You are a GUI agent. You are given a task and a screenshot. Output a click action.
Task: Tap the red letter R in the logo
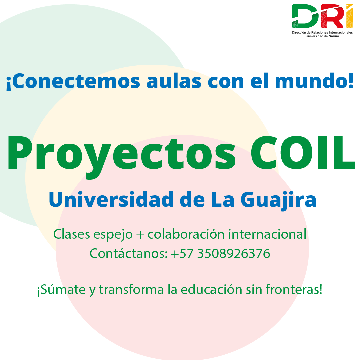[330, 17]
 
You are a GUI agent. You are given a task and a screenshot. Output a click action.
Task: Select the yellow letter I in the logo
[349, 17]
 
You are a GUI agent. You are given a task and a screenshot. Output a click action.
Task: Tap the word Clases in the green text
[72, 234]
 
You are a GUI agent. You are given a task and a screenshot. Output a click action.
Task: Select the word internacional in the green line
[267, 234]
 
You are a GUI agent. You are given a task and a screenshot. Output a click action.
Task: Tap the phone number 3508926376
[233, 254]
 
